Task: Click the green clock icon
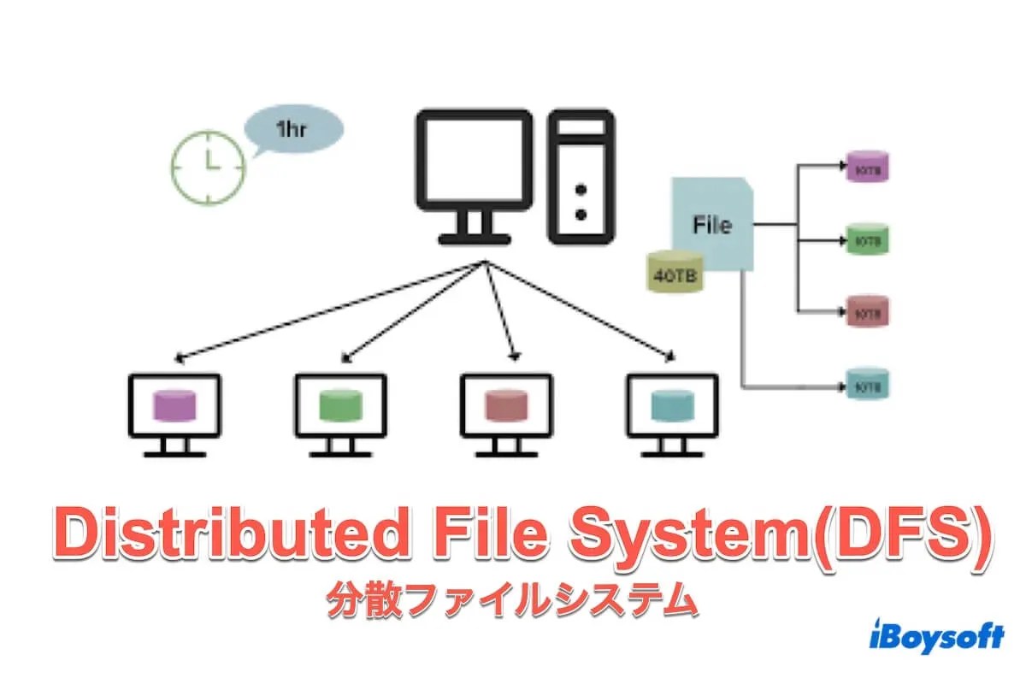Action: (208, 167)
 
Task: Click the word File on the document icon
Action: (711, 226)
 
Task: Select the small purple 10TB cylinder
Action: (867, 168)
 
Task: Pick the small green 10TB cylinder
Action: (867, 240)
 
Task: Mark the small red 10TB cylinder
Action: (867, 312)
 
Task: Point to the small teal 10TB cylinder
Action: (867, 385)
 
